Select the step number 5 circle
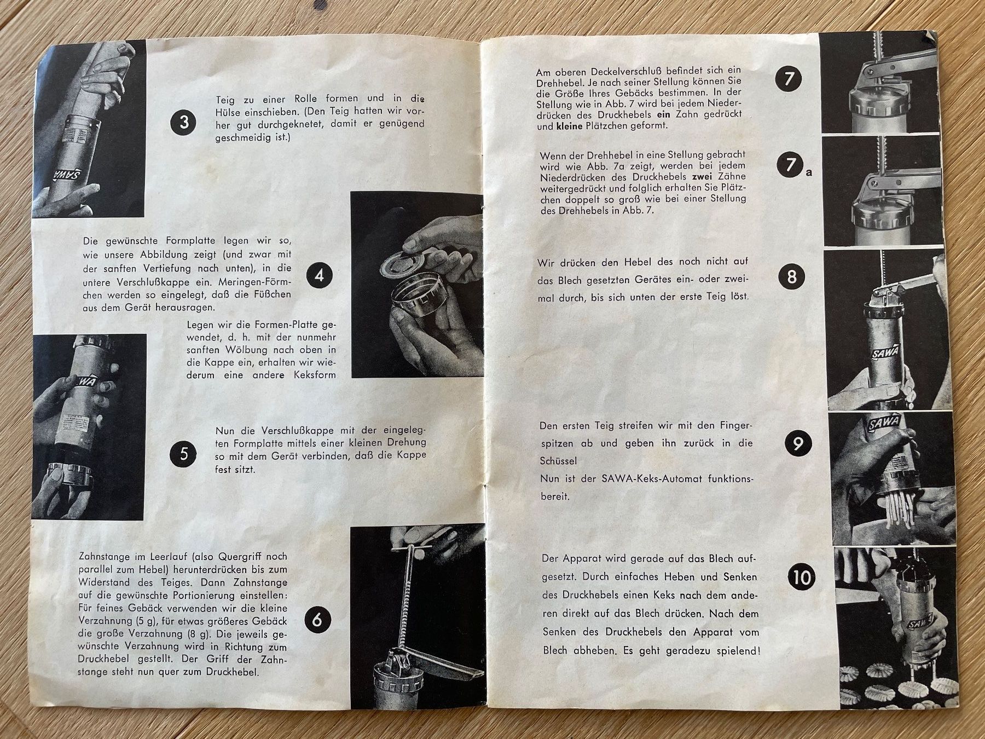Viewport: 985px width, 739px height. coord(184,454)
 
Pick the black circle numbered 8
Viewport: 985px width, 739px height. coord(792,276)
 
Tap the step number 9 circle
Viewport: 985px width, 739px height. coord(798,443)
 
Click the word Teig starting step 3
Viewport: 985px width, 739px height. coord(226,99)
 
